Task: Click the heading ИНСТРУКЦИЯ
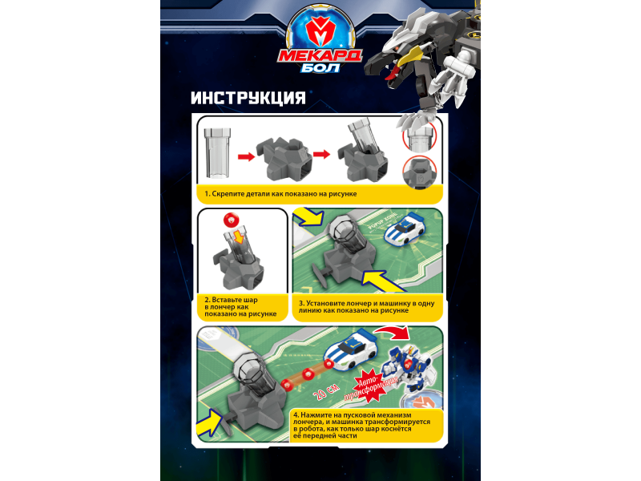(248, 98)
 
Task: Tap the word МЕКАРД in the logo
(320, 55)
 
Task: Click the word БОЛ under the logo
(320, 67)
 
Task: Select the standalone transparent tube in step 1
(216, 153)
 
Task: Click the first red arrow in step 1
(246, 156)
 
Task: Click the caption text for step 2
(240, 307)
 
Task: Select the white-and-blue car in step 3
(405, 230)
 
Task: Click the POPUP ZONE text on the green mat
(382, 220)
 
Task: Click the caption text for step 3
(366, 307)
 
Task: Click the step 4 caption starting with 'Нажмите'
(361, 426)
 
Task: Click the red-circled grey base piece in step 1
(419, 173)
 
